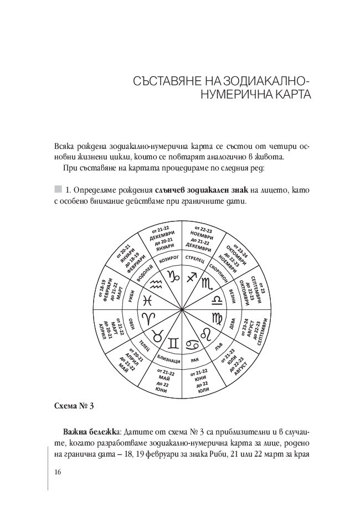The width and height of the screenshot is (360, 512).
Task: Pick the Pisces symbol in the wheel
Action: click(147, 300)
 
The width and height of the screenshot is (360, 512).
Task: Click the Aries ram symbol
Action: click(150, 319)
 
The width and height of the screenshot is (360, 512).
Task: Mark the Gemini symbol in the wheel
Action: click(173, 344)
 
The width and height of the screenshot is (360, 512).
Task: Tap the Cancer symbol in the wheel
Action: click(194, 344)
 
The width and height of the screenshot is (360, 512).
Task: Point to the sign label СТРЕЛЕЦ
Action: click(196, 259)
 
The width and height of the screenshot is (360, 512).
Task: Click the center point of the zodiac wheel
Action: click(182, 309)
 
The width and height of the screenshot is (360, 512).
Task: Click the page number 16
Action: click(58, 472)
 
